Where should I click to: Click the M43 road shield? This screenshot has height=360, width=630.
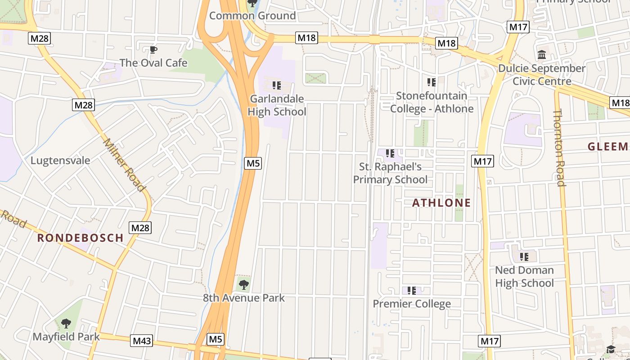[x=142, y=341]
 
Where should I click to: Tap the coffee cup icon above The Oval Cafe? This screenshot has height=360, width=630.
[x=153, y=49]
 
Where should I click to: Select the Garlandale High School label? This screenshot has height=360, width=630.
[x=277, y=105]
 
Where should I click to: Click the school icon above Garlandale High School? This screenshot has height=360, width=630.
[x=277, y=85]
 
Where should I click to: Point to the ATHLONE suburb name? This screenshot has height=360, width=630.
[x=441, y=203]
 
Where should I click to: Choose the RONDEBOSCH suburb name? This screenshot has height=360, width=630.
[x=80, y=238]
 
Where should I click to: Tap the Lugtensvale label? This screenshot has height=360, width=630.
[x=60, y=161]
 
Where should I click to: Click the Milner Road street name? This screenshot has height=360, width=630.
[x=124, y=165]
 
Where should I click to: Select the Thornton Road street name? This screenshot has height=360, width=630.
[x=559, y=147]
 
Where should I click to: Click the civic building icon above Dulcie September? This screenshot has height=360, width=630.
[x=542, y=55]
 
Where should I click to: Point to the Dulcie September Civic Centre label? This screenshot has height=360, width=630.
[x=542, y=75]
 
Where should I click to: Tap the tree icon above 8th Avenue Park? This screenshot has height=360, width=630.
[x=243, y=284]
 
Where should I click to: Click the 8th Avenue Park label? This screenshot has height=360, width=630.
[x=243, y=298]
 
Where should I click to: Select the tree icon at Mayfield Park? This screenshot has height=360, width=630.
[x=66, y=323]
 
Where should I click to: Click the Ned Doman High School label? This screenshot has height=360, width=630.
[x=524, y=276]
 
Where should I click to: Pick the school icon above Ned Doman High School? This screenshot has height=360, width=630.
[x=524, y=257]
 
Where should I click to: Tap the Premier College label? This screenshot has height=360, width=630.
[x=412, y=304]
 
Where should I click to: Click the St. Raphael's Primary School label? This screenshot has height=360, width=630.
[x=390, y=173]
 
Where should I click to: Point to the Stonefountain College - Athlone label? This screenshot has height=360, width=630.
[x=432, y=102]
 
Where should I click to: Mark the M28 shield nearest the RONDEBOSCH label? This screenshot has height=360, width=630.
[x=140, y=228]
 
